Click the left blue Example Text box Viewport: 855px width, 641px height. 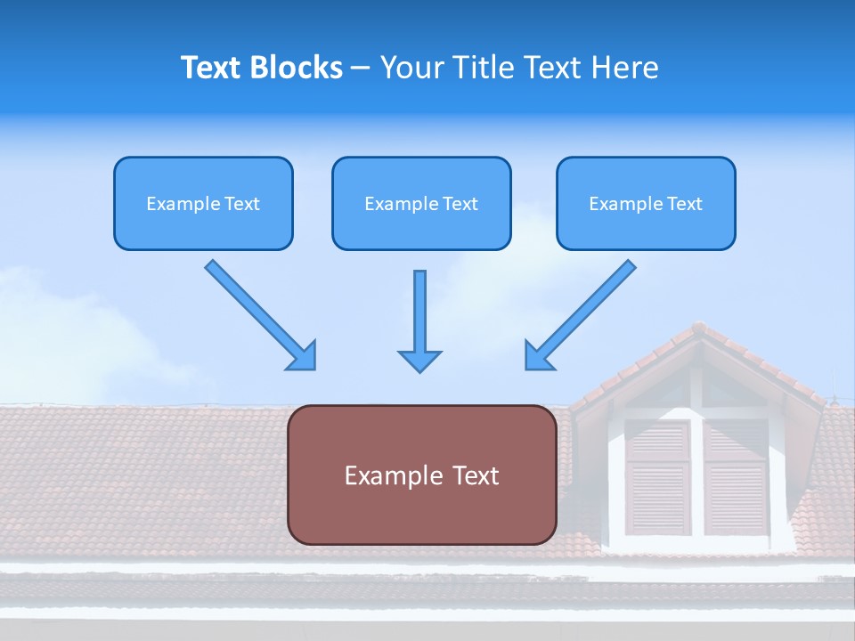[x=203, y=203]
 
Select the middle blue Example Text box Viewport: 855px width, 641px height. [x=421, y=203]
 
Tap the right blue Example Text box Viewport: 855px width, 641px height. [x=646, y=203]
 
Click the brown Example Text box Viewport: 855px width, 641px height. [x=421, y=475]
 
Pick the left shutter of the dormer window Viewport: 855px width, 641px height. [x=657, y=477]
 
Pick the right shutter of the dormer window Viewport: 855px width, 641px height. [x=736, y=477]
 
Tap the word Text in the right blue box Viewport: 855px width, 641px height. [x=684, y=204]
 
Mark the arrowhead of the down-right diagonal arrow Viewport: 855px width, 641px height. [x=303, y=356]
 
